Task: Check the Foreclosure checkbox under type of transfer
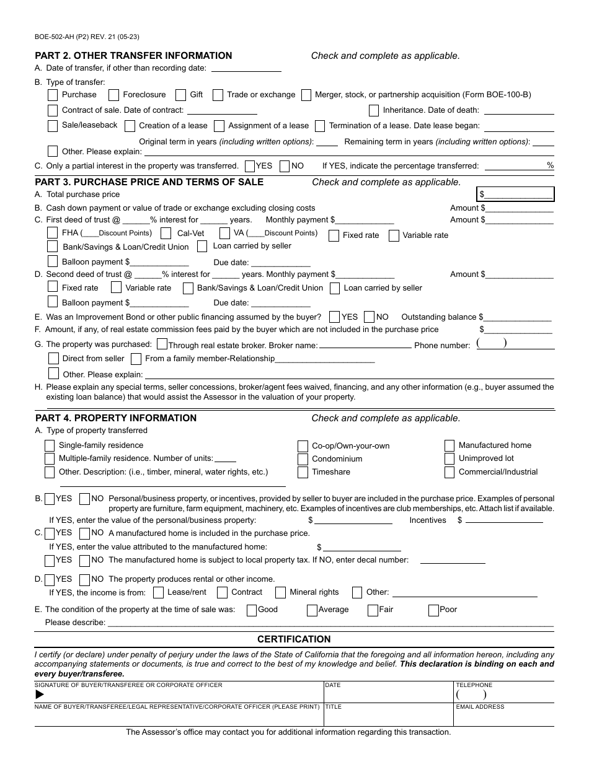point(113,95)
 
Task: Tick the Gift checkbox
point(180,95)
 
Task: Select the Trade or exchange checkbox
point(218,95)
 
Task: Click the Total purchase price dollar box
point(515,195)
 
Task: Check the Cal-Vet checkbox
point(166,234)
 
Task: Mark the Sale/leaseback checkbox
point(53,126)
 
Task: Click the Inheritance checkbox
point(374,111)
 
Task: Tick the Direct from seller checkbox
point(53,359)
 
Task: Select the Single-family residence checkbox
point(50,446)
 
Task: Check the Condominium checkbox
point(303,460)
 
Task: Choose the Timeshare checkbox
point(303,473)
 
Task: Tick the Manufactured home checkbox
point(449,446)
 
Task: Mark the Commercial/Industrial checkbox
point(449,473)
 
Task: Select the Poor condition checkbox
point(433,610)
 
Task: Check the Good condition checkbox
point(252,610)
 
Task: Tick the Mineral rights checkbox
point(280,593)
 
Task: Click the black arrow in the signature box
point(40,695)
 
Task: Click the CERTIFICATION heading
point(294,639)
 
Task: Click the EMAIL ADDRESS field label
point(480,707)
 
